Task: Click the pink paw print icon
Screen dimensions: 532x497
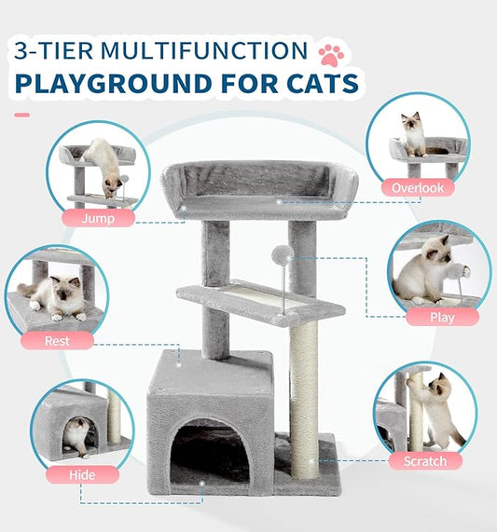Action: point(331,51)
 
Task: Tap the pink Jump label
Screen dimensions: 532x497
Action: point(98,219)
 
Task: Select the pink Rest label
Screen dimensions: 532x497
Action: point(57,340)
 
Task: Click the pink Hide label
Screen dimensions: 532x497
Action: point(82,474)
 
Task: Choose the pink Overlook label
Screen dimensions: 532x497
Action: point(423,187)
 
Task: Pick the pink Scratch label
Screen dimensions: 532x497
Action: point(425,460)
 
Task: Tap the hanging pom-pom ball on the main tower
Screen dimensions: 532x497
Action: point(282,255)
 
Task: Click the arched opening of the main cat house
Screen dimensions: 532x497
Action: point(212,453)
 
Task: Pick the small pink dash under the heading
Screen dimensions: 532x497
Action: point(21,115)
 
